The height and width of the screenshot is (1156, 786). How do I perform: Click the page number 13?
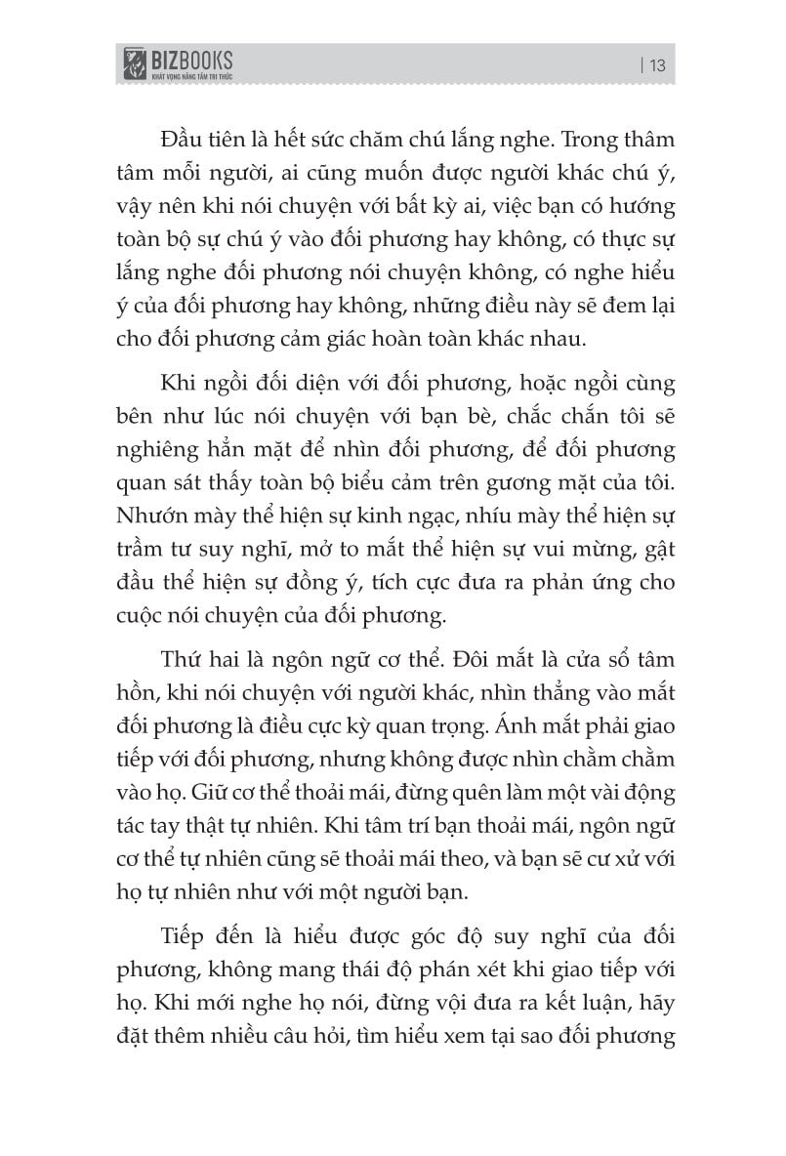tap(657, 66)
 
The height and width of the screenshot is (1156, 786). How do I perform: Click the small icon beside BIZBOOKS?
tap(129, 64)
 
